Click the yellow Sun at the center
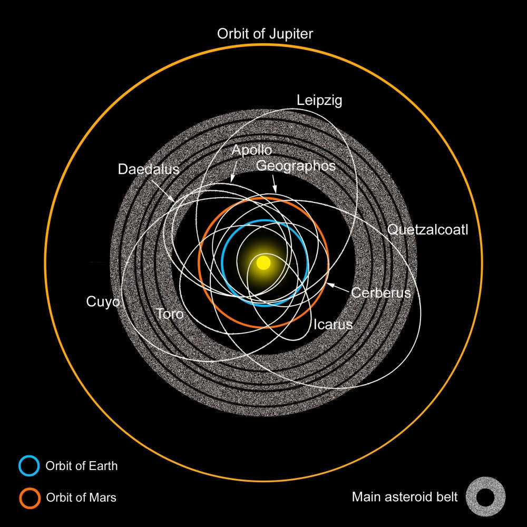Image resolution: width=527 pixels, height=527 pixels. coord(263,262)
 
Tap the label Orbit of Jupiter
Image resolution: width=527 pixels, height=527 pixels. coord(265,34)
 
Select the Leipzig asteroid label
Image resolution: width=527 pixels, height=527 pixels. coord(319,101)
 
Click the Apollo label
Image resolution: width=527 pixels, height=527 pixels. coord(252,150)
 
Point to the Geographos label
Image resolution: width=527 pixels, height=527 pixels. coord(296,166)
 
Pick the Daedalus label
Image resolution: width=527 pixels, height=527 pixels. coord(149,169)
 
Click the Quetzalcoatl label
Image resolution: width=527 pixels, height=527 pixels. coord(427,230)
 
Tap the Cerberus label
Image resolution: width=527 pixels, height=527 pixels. coord(381,292)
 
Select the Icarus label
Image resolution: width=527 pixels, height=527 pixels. coord(333,325)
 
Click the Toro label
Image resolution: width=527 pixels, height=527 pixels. coord(170,314)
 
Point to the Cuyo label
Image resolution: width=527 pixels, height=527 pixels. coord(103,302)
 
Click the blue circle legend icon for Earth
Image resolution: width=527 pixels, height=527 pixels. coord(29,466)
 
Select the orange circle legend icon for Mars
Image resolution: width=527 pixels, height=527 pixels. coord(30,498)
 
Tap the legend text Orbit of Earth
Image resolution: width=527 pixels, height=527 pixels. coord(82,466)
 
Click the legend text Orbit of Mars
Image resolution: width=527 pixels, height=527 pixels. coord(81,497)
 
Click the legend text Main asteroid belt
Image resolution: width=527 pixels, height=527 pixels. coord(405,497)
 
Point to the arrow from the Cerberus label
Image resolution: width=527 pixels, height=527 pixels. coord(338,288)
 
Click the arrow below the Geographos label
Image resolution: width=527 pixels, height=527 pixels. coord(275,184)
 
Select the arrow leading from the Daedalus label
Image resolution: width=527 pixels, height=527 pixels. coord(163,191)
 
